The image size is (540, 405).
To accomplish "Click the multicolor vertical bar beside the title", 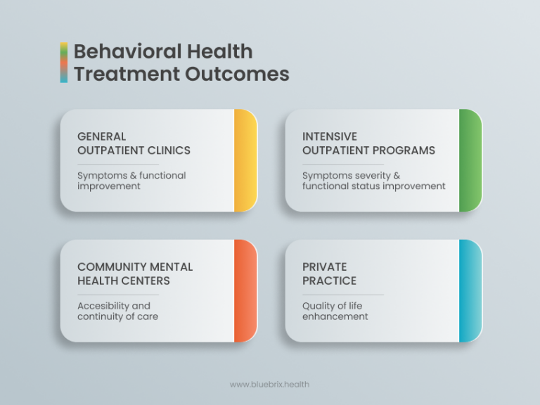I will click(64, 63).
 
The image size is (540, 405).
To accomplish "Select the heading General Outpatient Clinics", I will click(134, 143).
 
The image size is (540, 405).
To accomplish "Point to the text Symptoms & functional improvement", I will click(131, 181).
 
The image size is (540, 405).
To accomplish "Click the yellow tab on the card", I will click(245, 160).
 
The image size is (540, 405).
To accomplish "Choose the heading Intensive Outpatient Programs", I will click(368, 143).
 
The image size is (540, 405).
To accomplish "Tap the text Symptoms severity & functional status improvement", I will click(373, 181).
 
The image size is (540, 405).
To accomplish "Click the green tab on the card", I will click(470, 160).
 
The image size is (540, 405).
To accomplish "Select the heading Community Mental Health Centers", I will click(134, 274).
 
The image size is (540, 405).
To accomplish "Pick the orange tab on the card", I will click(245, 290).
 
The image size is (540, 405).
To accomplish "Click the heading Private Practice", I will click(329, 274).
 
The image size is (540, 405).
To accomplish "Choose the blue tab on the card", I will click(470, 290).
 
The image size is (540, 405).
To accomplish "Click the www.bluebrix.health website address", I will click(269, 385).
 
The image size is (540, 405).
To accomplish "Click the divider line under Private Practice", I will click(343, 295).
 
